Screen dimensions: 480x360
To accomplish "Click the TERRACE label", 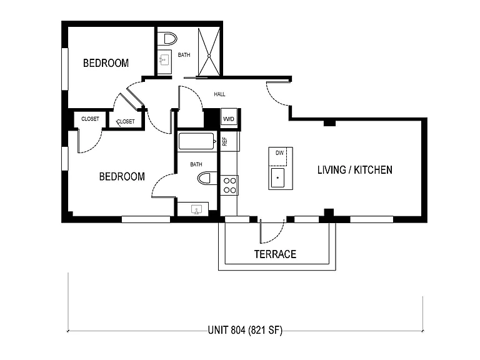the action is tap(275, 254).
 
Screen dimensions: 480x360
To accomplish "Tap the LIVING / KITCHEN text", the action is tap(355, 170).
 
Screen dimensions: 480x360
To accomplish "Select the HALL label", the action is tap(219, 94).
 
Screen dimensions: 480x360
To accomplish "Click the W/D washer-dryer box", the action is tap(229, 119).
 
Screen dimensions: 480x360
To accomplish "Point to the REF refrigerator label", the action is tap(225, 141).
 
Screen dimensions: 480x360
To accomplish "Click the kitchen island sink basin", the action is tap(277, 177).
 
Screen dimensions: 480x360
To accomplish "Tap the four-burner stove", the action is tap(229, 186).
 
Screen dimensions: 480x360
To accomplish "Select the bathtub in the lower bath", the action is tap(196, 141).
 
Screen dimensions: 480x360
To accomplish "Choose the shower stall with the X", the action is tap(209, 52).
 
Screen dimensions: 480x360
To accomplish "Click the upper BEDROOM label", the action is tap(106, 63).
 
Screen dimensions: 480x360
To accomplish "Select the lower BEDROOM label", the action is tap(122, 177).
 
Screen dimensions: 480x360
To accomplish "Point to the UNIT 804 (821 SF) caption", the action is tap(245, 330).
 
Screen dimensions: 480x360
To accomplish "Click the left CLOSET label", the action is tap(90, 119).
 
